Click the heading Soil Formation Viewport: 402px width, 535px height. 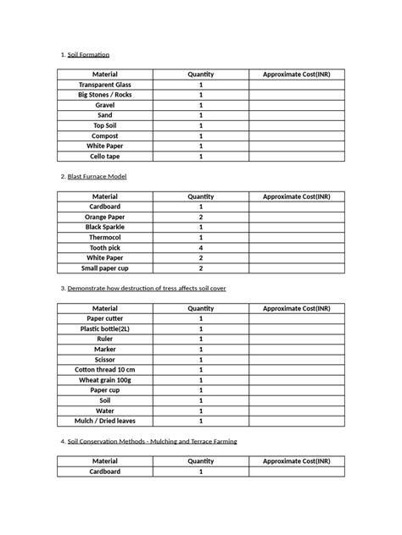pos(88,55)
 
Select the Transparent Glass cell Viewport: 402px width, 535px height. pos(105,85)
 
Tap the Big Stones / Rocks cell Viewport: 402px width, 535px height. pos(105,95)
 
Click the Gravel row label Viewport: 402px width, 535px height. pos(105,105)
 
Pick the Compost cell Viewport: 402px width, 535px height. pos(105,135)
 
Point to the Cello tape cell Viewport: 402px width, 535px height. pos(105,156)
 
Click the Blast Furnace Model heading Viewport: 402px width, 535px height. pos(97,176)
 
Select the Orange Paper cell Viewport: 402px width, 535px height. pos(105,217)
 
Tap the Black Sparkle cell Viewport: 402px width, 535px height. pos(105,227)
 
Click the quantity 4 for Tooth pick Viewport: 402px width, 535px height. pos(201,247)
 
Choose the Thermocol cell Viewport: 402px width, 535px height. pos(105,237)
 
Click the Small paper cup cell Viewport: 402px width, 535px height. pos(105,267)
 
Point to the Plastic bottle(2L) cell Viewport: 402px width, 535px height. pos(105,328)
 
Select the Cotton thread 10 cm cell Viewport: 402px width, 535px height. pos(105,369)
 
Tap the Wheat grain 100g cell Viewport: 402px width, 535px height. pos(105,379)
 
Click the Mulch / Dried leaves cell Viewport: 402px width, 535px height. pos(105,420)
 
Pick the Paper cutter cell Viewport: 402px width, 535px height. pos(105,318)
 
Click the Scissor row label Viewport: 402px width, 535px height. pos(105,359)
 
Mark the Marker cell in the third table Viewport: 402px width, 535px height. pos(105,349)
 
